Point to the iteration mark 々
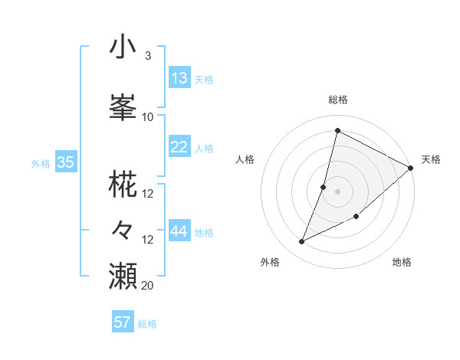point(123,229)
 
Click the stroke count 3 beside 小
point(147,56)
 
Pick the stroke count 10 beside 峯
point(148,117)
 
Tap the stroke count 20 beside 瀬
point(148,286)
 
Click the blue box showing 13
point(179,78)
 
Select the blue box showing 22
point(179,148)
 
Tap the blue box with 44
point(179,231)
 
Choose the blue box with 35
point(65,162)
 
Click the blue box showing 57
point(123,322)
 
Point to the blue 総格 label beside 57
point(147,324)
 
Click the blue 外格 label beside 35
point(41,163)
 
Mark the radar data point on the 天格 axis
point(411,169)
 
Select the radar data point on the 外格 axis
point(302,242)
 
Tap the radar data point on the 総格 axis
point(337,130)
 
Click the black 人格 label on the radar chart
point(245,159)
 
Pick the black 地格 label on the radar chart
point(402,263)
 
